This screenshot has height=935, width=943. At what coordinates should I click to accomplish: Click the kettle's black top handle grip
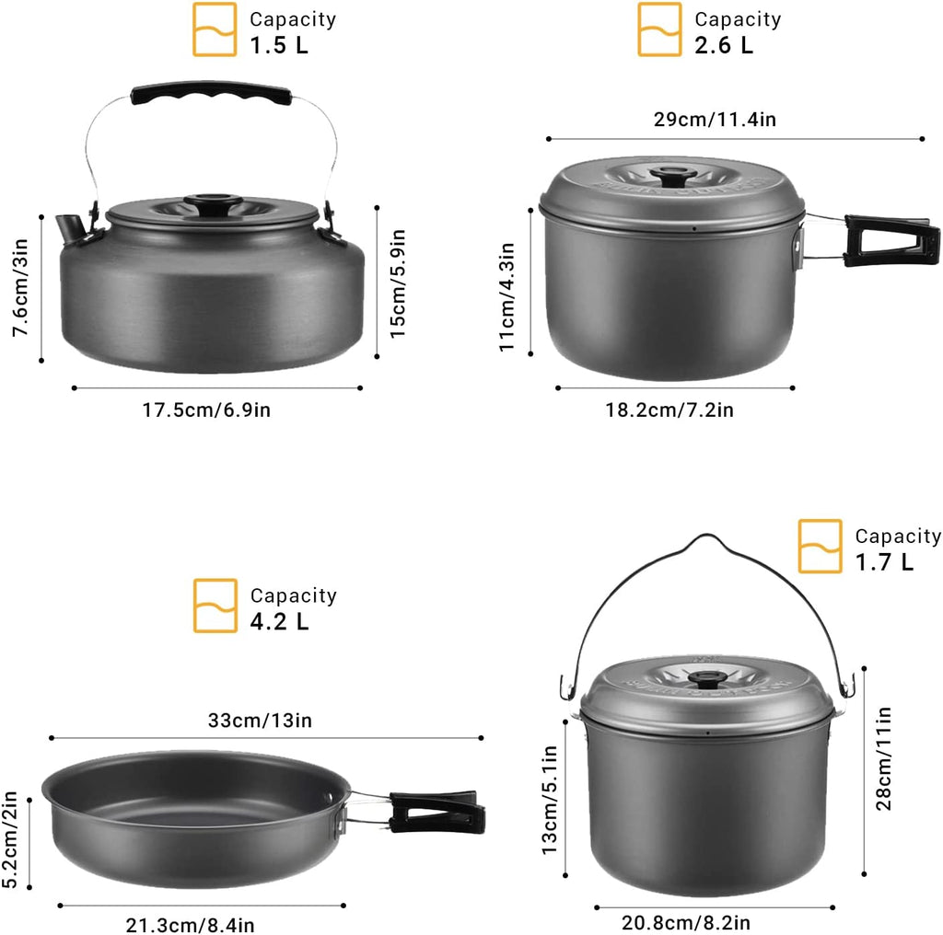[212, 93]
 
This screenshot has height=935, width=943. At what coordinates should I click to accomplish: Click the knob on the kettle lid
[213, 202]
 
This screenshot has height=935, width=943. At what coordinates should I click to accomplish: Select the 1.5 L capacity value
[277, 46]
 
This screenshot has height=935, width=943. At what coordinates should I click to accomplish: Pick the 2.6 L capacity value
[724, 45]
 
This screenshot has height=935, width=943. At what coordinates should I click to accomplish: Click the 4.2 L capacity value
[279, 621]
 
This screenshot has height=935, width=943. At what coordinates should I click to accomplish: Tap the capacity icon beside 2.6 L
[660, 29]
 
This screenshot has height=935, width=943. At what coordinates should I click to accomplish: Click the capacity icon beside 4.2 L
[215, 606]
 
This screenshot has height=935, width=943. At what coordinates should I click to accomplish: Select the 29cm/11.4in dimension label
[735, 119]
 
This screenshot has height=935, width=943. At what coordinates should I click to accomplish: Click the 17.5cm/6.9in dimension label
[206, 410]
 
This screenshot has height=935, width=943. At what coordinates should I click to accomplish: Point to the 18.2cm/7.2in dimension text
[669, 410]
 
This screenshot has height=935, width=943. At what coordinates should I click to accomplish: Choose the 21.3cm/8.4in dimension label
[191, 924]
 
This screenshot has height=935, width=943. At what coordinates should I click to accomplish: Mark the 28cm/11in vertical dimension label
[884, 757]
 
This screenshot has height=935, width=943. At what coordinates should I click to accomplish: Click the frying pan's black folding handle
[437, 809]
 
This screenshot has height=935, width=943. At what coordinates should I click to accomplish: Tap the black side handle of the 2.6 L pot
[891, 241]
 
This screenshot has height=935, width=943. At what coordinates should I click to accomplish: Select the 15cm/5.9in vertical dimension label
[398, 283]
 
